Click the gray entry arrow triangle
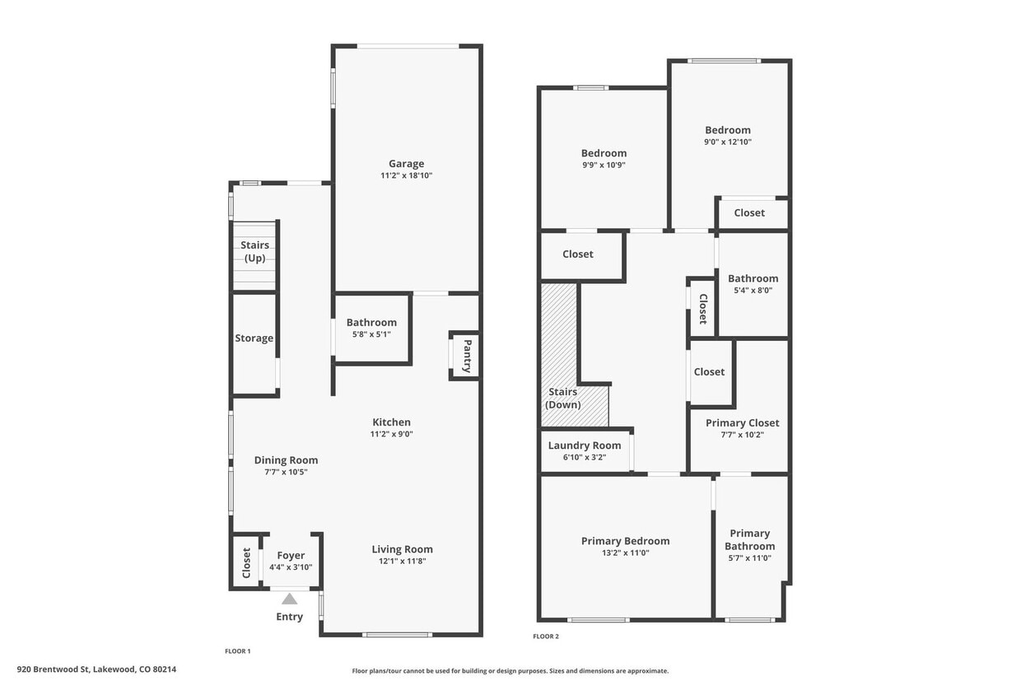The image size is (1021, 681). [x=289, y=599]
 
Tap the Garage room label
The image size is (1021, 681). [x=407, y=164]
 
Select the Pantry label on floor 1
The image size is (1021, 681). [x=467, y=356]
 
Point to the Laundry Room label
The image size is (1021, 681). [x=585, y=445]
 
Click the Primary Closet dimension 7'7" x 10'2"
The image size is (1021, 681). [x=742, y=435]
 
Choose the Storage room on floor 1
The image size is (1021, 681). [x=254, y=338]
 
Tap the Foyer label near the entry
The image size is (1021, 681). [x=291, y=556]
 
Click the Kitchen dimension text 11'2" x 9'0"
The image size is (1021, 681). [x=390, y=434]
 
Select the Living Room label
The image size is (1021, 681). [x=402, y=549]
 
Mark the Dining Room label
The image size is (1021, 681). [x=286, y=460]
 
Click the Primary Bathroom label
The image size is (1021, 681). [x=749, y=539]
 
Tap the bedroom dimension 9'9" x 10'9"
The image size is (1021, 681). [x=604, y=165]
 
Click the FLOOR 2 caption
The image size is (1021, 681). [x=546, y=637]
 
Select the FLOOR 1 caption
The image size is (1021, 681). [x=237, y=651]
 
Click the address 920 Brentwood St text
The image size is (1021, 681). [x=96, y=669]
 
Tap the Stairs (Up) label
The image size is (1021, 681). [x=254, y=252]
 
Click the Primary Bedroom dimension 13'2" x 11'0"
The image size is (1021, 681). [x=625, y=553]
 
